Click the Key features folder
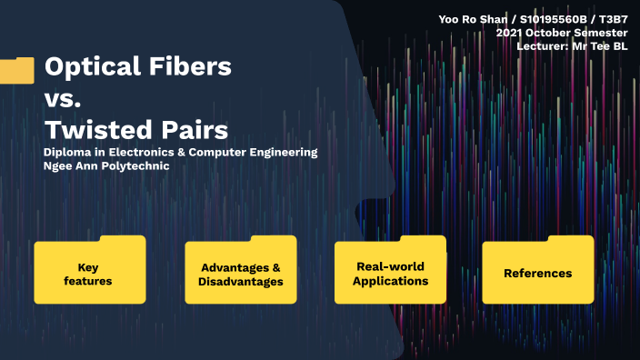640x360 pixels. tap(89, 273)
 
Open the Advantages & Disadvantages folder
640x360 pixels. tap(240, 273)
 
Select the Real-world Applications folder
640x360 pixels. tap(390, 272)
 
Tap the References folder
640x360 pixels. tap(537, 272)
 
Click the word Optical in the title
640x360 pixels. tap(90, 66)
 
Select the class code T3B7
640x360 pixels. tap(614, 19)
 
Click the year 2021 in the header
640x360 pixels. tap(510, 32)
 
